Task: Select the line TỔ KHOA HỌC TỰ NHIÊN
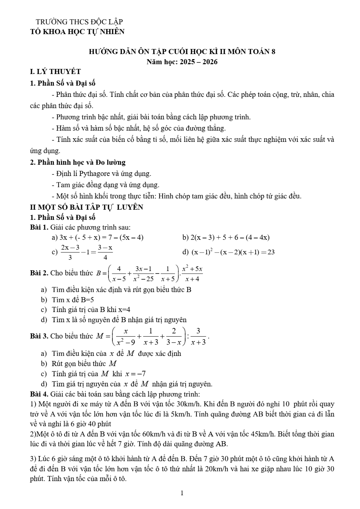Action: pos(77,32)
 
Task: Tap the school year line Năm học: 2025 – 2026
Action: pos(182,62)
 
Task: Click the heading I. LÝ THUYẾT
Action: pos(56,71)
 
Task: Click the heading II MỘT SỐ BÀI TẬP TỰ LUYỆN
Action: pos(87,207)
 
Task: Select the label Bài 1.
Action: pos(39,227)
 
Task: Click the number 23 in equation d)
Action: pos(271,252)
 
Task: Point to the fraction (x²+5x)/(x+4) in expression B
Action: pos(192,274)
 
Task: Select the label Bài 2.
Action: pos(39,273)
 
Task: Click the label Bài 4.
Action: pos(39,394)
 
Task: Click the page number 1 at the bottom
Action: pos(182,493)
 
